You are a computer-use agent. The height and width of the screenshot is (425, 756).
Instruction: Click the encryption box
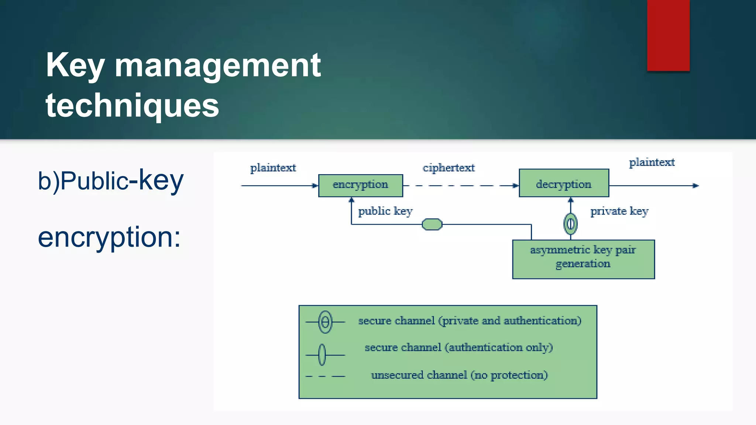(x=360, y=185)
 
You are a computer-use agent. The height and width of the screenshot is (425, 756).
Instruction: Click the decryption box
(x=564, y=183)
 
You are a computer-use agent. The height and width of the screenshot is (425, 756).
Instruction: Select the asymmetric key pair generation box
(x=583, y=259)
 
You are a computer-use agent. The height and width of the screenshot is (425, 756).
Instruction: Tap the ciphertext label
(x=449, y=168)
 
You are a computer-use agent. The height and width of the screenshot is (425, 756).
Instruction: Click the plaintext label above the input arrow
(x=273, y=168)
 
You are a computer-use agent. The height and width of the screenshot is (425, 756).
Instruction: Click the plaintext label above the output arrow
(x=652, y=162)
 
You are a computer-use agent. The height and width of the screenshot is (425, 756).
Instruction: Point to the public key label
(x=385, y=211)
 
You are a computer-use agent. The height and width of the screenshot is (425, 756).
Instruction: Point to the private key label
(x=619, y=211)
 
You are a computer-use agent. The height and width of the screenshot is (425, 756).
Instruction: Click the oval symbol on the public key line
(x=432, y=224)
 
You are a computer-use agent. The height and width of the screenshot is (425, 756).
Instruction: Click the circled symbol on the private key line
(x=570, y=224)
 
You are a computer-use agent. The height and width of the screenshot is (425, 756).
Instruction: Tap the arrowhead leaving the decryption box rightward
(x=695, y=186)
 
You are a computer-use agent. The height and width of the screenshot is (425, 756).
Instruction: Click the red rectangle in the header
(x=668, y=35)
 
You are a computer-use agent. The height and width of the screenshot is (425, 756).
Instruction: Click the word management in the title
(x=217, y=65)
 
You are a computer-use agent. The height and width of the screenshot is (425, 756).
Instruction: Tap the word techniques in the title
(x=132, y=106)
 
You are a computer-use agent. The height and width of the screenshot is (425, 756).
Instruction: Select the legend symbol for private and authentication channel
(x=325, y=322)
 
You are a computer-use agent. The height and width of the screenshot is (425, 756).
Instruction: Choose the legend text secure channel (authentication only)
(x=458, y=348)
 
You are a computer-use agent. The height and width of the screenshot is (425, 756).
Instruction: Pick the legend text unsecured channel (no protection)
(x=459, y=375)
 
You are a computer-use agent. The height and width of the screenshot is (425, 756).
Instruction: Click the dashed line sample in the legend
(x=325, y=376)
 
